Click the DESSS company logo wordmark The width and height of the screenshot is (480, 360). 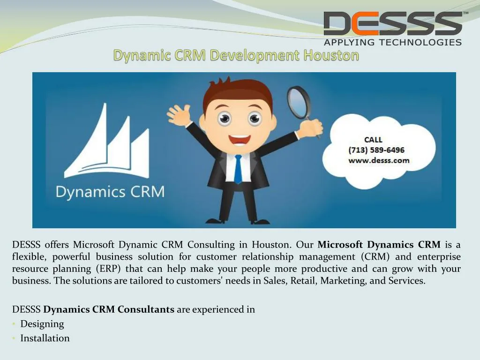coord(393,23)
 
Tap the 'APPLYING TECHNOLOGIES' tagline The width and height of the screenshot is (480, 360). coord(393,42)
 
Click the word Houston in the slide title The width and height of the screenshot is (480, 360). coord(331,55)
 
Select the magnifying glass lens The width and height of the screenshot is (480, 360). coord(299,102)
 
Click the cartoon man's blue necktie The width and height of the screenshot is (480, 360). coord(238,169)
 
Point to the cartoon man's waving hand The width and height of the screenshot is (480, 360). coord(178,114)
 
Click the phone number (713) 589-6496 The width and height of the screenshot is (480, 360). coord(376,150)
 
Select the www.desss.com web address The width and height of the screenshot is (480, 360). coord(379,160)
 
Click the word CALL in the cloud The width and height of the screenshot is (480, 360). coord(373,140)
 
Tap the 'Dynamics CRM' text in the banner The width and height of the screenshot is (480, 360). coord(110,192)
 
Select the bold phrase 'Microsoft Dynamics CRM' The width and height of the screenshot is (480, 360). coord(379,245)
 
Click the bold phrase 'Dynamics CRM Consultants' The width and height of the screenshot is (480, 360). coord(109,309)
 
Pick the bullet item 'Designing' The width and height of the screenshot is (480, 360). coord(42,324)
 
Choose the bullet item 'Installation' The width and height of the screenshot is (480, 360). coord(45,338)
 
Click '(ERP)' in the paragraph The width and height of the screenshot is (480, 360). coord(108,269)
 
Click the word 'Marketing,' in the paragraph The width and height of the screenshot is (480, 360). coord(344,281)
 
